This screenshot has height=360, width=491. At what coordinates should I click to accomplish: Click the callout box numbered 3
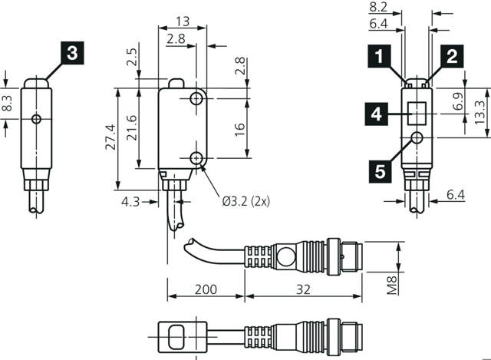(71, 53)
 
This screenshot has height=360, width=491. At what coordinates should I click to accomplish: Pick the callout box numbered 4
(376, 114)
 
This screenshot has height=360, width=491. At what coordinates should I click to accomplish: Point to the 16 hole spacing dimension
(239, 127)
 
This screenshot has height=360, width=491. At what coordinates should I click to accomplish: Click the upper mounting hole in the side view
(197, 99)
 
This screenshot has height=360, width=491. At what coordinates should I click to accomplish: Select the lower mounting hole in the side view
(197, 158)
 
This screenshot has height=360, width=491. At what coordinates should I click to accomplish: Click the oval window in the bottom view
(175, 335)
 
